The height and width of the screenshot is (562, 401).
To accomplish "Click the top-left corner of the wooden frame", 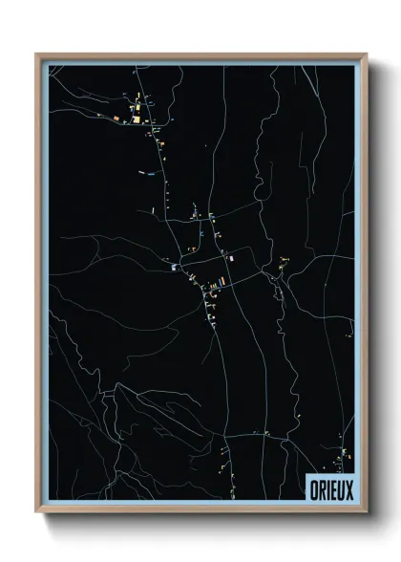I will [x=37, y=54].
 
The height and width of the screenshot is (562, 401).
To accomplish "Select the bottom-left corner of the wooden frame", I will [x=37, y=513].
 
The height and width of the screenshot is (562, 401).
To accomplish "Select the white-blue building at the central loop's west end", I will [x=174, y=269].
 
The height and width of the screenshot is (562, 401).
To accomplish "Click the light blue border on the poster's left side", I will [x=45, y=287].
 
